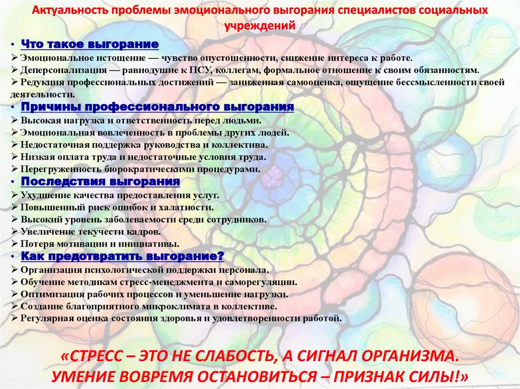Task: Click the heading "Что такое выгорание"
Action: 90,45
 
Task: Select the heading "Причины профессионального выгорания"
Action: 157,107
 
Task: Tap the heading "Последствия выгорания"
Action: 101,182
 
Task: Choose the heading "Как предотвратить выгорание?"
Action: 122,255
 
